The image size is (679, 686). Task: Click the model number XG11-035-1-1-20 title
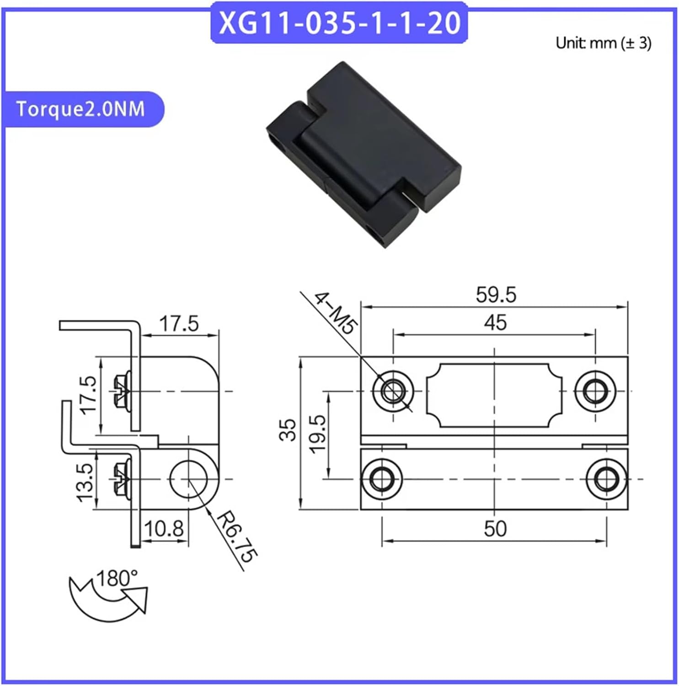tap(339, 23)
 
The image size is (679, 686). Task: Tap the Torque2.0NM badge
tap(80, 109)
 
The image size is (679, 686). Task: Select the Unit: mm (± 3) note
tap(603, 43)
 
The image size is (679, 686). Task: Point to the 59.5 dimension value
tap(496, 295)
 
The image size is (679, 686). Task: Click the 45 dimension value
tap(495, 323)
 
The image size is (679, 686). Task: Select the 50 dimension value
tap(495, 529)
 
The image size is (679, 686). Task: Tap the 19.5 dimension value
tap(318, 434)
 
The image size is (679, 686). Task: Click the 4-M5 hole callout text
tap(335, 314)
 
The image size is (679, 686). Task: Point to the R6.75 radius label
tap(236, 537)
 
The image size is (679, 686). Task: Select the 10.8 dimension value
tap(163, 529)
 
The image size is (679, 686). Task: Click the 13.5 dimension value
tap(86, 482)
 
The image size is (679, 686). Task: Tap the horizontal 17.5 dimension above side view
tap(179, 324)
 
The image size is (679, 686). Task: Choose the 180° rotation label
tap(117, 579)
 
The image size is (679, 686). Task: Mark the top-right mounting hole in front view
tap(594, 391)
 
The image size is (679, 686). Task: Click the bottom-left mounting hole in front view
tap(381, 479)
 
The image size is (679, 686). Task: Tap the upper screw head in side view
tap(121, 391)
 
